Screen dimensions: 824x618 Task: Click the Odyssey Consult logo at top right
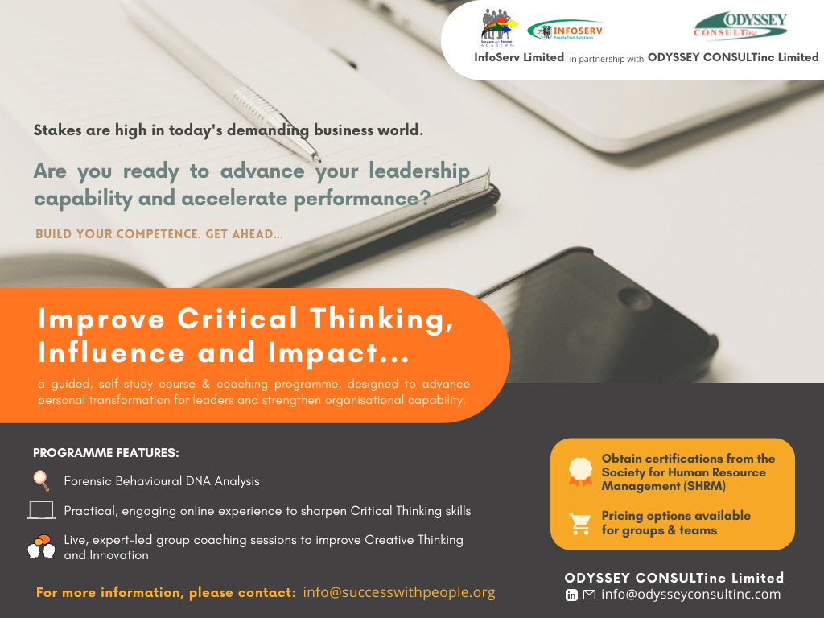coord(740,26)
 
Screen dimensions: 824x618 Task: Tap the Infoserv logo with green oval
coord(565,31)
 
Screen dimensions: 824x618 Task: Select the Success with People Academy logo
coord(498,28)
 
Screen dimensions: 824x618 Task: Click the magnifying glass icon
coord(41,480)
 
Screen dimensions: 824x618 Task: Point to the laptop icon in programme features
coord(41,510)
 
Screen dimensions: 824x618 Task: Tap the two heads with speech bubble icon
coord(42,546)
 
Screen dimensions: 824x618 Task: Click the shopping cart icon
coord(580,523)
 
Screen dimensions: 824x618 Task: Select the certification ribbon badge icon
coord(580,471)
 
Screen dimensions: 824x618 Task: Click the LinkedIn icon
coord(571,595)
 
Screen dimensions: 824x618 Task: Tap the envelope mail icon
coord(589,595)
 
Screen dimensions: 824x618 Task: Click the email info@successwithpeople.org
coord(399,592)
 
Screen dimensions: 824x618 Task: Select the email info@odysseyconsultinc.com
coord(691,595)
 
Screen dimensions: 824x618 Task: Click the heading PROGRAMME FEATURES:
coord(106,453)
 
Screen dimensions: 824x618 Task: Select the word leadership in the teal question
coord(418,172)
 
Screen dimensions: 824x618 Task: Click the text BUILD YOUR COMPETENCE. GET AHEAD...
coord(159,234)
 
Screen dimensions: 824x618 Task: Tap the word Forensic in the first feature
coord(87,481)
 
